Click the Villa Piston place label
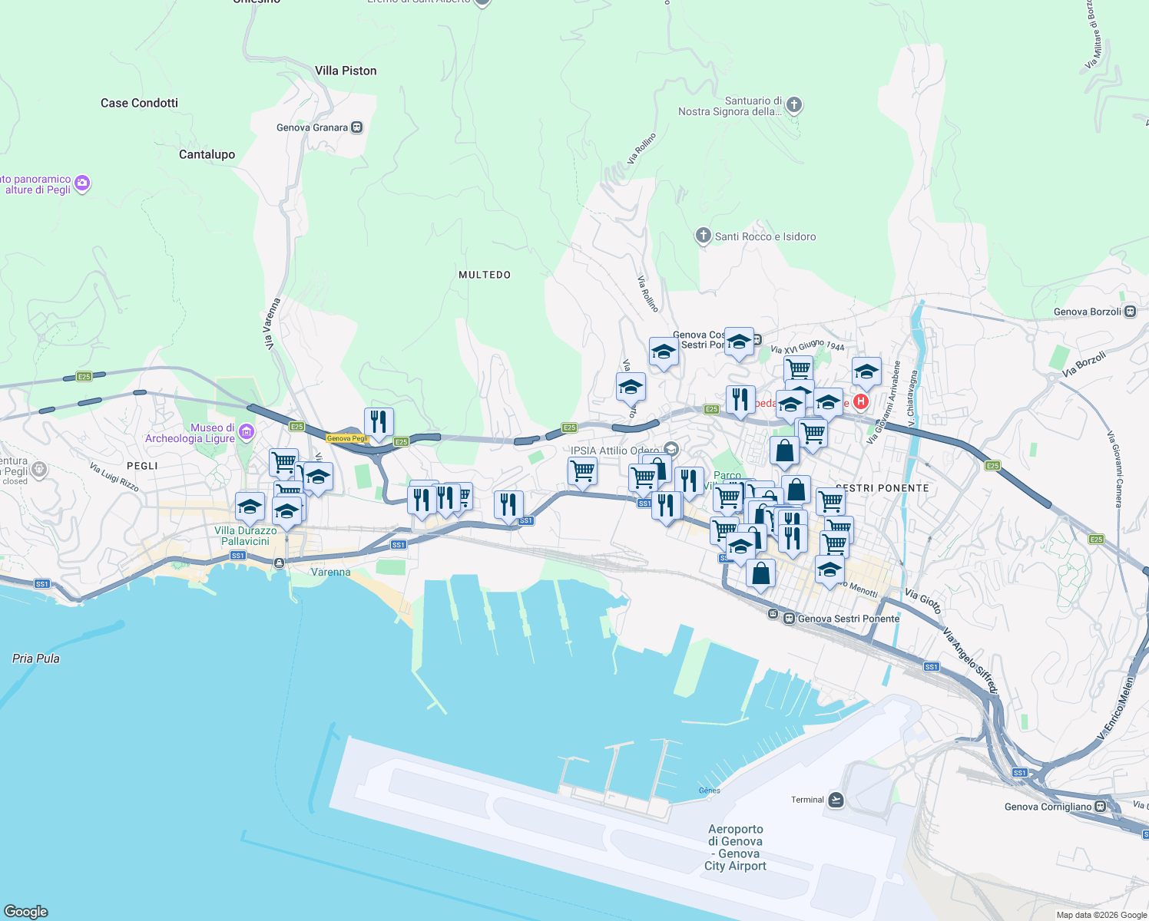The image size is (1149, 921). click(x=346, y=71)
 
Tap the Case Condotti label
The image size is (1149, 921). click(x=139, y=103)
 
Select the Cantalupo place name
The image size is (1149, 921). click(x=207, y=154)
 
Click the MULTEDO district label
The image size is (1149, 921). click(x=484, y=275)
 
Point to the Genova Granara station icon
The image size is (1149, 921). click(x=356, y=127)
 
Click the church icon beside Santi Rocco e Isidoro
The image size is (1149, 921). click(x=703, y=236)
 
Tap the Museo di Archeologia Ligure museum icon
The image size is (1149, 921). click(x=247, y=432)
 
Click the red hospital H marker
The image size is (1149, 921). click(x=861, y=401)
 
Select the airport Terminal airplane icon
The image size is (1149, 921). click(x=836, y=800)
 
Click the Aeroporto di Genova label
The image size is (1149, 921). click(x=736, y=847)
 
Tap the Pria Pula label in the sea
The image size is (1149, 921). click(x=36, y=659)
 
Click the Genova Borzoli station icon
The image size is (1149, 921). click(x=1130, y=312)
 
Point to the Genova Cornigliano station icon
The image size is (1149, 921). click(x=1101, y=807)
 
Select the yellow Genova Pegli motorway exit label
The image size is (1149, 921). click(x=348, y=439)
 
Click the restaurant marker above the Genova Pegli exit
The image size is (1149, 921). click(x=379, y=422)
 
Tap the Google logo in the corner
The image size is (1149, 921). click(x=26, y=911)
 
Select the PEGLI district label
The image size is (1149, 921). click(x=142, y=466)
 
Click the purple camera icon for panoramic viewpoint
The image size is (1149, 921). click(x=82, y=183)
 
